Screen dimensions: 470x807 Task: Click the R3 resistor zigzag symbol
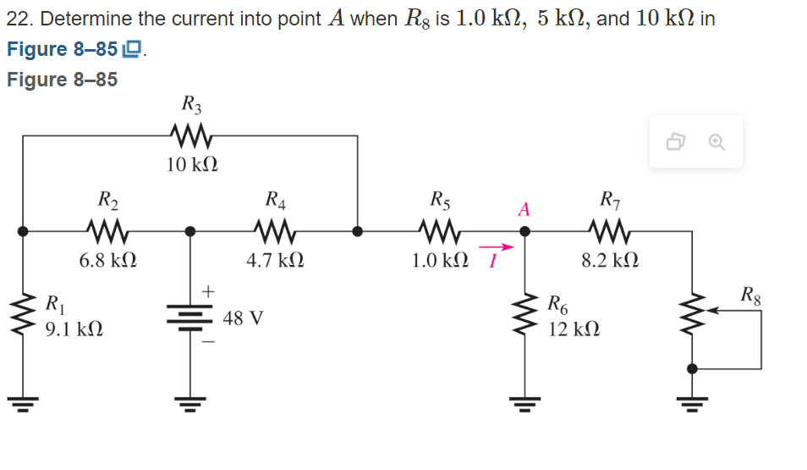coord(191,135)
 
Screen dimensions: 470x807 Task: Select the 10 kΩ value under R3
coord(191,163)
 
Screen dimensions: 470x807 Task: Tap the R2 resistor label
coord(108,201)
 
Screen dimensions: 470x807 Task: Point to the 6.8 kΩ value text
coord(108,261)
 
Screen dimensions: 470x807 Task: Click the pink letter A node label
coord(524,209)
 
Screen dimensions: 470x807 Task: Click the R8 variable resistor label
coord(750,296)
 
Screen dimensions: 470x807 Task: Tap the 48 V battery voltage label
coord(244,318)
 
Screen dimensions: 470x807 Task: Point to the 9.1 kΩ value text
coord(74,329)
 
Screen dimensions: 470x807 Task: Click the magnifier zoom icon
coord(716,142)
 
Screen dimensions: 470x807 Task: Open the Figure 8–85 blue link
coord(62,49)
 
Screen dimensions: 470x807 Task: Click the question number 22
coord(19,19)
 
